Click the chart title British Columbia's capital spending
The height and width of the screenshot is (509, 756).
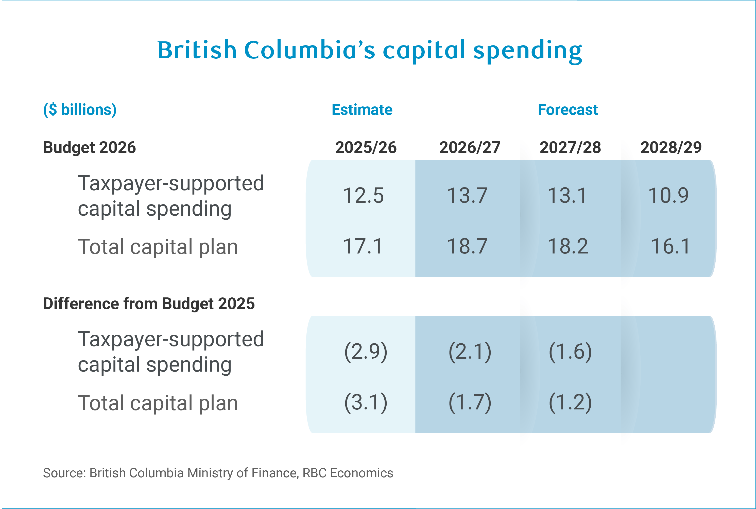pyautogui.click(x=370, y=51)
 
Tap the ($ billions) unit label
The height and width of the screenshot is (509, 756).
pyautogui.click(x=80, y=110)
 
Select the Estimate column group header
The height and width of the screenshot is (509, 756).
pyautogui.click(x=362, y=110)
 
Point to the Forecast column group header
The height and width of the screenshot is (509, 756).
pyautogui.click(x=568, y=110)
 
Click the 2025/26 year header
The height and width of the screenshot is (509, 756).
pyautogui.click(x=366, y=147)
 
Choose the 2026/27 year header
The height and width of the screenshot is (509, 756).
pyautogui.click(x=470, y=147)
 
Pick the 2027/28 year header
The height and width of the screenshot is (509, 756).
pyautogui.click(x=570, y=147)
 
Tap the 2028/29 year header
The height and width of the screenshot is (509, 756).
pyautogui.click(x=671, y=147)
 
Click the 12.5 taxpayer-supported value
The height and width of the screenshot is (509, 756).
pyautogui.click(x=363, y=195)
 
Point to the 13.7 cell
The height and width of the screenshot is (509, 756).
pyautogui.click(x=468, y=195)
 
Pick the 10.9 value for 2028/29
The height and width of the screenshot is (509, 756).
pyautogui.click(x=668, y=195)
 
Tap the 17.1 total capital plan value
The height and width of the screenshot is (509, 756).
pyautogui.click(x=363, y=246)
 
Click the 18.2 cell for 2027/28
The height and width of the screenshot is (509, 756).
pyautogui.click(x=568, y=246)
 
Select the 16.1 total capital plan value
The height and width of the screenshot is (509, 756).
pyautogui.click(x=671, y=246)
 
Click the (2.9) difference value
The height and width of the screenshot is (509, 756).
pyautogui.click(x=366, y=352)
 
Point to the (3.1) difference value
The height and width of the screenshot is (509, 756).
pyautogui.click(x=366, y=403)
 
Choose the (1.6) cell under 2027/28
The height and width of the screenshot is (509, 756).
pyautogui.click(x=570, y=352)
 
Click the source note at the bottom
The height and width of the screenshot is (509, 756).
pyautogui.click(x=218, y=473)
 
